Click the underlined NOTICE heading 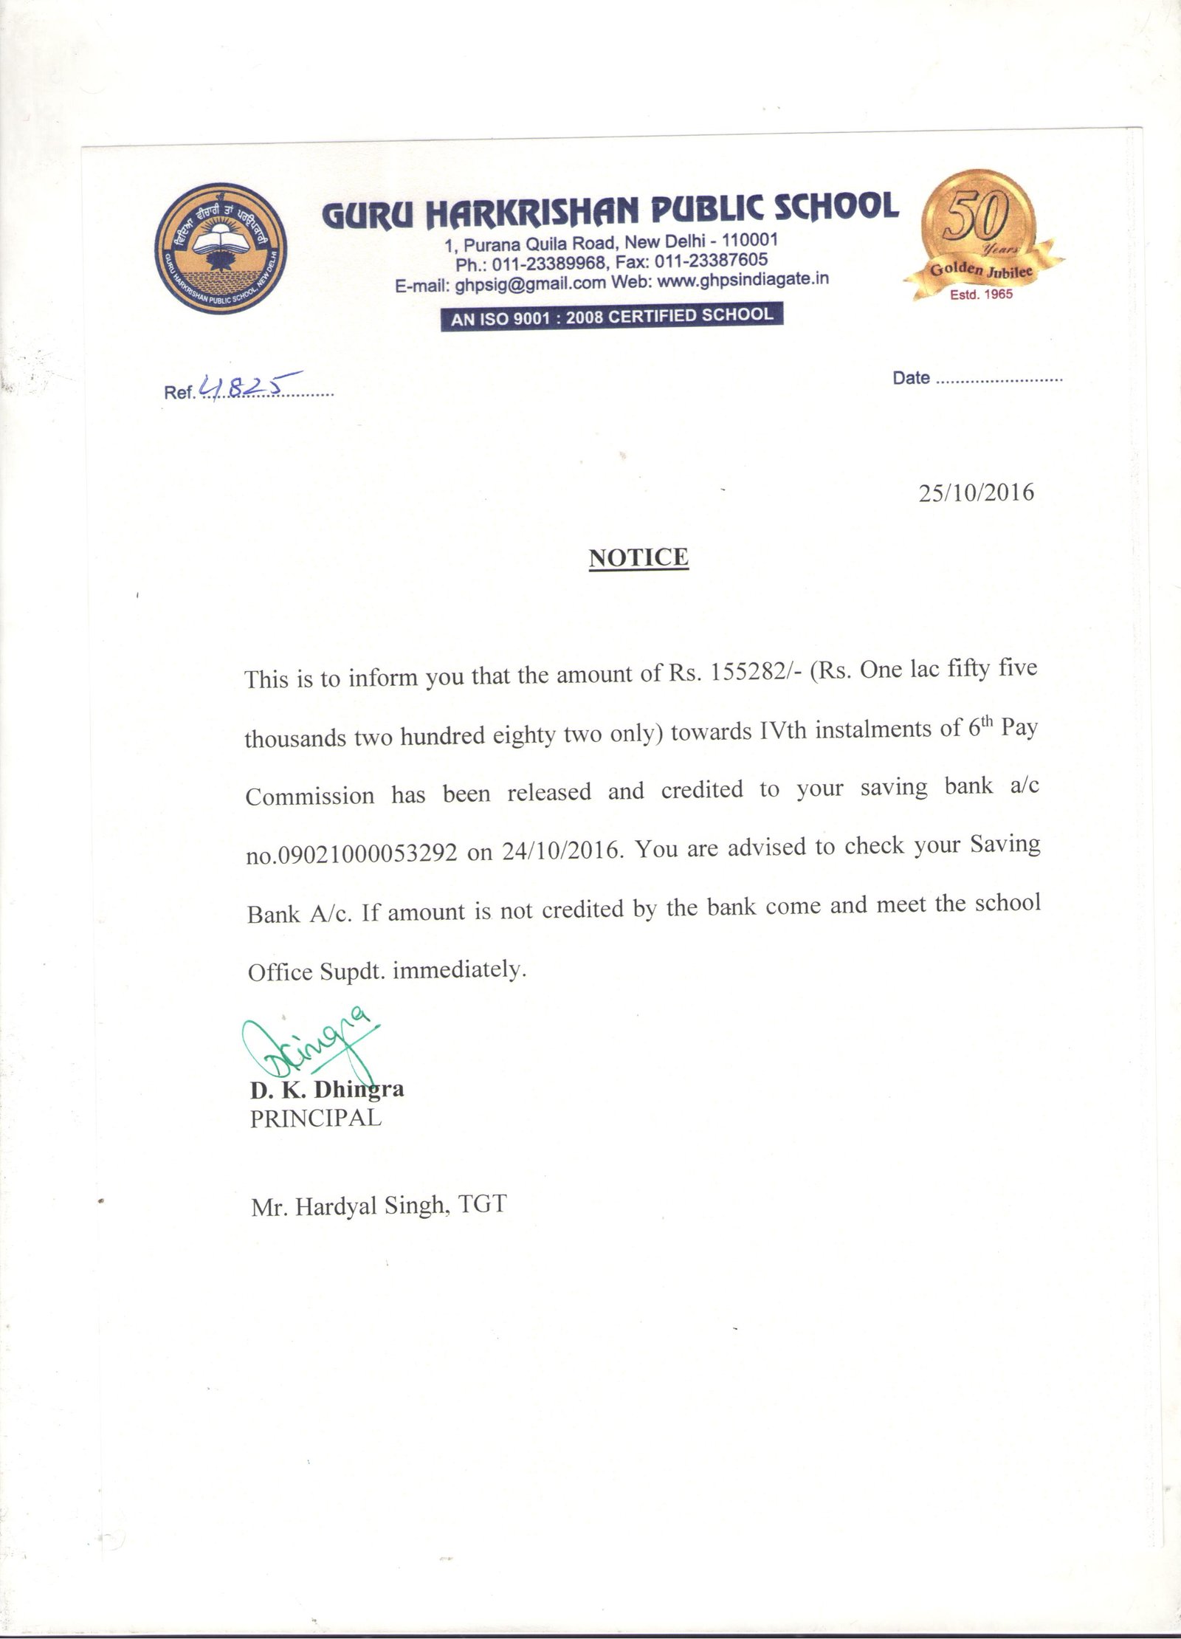point(638,557)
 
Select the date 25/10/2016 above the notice point(976,492)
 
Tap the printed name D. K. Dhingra point(327,1090)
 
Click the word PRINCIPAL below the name point(316,1119)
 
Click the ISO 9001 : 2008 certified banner point(611,317)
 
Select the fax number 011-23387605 point(710,261)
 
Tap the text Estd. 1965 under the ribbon point(981,295)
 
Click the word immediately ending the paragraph point(458,969)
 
